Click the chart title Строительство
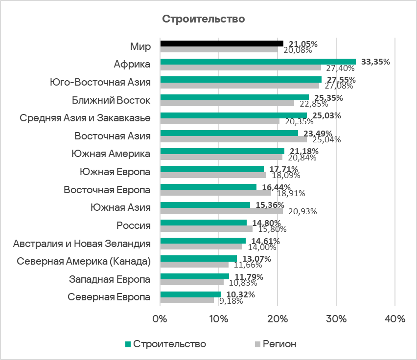(203, 20)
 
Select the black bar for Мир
(221, 44)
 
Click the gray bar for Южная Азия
(221, 211)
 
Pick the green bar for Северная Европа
(190, 294)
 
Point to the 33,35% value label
(375, 62)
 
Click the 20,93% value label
(302, 211)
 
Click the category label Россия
(133, 225)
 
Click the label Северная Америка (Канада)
(83, 261)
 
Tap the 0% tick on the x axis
(160, 319)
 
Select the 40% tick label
(395, 319)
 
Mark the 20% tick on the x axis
(278, 319)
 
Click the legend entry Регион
(279, 344)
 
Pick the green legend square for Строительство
(128, 344)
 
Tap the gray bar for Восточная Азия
(233, 139)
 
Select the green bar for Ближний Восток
(234, 97)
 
